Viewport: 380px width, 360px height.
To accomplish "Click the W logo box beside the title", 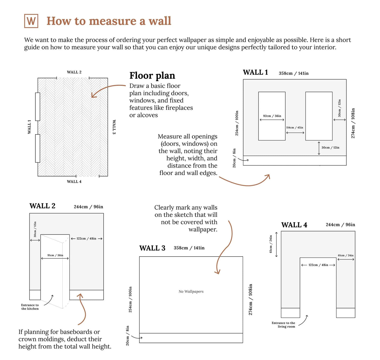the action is coord(31,21).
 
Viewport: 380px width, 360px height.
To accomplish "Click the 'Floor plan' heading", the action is coord(152,76).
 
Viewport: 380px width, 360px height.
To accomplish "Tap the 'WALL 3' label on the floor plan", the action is coord(114,127).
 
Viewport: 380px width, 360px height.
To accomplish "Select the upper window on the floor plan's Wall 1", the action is coord(38,106).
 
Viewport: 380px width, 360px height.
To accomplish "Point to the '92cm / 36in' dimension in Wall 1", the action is coord(272,116).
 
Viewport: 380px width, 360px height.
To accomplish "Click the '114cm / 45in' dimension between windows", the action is coord(294,127).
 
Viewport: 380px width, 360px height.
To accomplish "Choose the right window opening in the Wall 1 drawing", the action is coord(318,116).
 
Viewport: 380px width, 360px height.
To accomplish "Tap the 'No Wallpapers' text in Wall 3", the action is coord(191,291).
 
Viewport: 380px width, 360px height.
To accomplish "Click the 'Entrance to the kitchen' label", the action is coord(30,307).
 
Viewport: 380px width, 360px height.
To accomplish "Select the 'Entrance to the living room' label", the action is coord(283,324).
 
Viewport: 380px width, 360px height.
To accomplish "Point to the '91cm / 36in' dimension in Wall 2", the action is coord(55,255).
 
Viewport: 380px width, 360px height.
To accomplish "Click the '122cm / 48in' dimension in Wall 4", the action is coord(318,265).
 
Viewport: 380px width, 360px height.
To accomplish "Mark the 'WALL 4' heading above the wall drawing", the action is coord(294,224).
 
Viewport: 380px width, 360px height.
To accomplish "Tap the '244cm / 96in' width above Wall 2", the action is coord(88,206).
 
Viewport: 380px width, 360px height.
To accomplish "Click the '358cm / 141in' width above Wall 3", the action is coord(189,248).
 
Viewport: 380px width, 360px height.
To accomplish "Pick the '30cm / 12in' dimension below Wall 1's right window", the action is coord(330,147).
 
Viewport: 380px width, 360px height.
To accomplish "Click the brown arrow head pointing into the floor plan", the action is coord(94,94).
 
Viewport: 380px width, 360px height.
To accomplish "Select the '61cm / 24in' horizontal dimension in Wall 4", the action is coord(345,255).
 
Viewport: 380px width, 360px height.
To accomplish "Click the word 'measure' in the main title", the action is coord(113,21).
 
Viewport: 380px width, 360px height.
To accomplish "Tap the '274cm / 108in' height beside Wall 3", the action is coord(250,299).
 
